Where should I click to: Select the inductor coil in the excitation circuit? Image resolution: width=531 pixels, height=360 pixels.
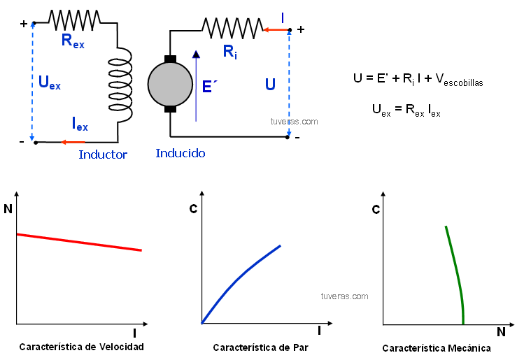[120, 84]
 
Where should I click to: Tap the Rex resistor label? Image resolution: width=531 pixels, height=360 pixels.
[72, 40]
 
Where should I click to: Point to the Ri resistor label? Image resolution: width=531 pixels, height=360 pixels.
[229, 51]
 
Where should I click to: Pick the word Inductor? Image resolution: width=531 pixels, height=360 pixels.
[103, 154]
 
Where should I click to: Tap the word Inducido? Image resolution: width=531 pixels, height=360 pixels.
[180, 152]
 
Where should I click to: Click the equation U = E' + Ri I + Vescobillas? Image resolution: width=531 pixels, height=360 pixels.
[418, 79]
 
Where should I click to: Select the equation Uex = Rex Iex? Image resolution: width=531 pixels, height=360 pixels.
[406, 110]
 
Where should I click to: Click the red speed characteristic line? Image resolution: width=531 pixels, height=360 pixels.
[78, 242]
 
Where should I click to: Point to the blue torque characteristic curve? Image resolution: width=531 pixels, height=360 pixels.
[241, 280]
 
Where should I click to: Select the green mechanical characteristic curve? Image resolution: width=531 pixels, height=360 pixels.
[455, 273]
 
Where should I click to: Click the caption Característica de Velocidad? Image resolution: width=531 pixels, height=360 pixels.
[81, 347]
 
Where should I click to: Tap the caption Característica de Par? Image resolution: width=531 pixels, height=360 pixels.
[260, 347]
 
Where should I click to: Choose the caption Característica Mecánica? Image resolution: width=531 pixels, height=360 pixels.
[436, 348]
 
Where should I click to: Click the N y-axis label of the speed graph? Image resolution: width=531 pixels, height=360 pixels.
[8, 208]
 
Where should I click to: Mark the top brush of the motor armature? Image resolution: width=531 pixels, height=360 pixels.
[170, 59]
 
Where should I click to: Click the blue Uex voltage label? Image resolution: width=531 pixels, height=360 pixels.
[49, 83]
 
